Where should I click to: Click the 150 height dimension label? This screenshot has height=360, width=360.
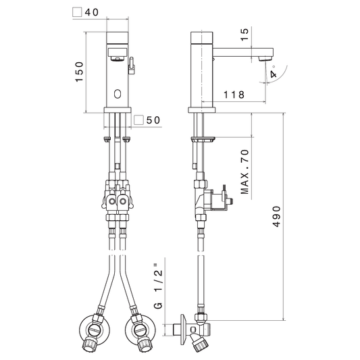click(80, 72)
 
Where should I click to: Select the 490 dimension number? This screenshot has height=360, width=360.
click(277, 216)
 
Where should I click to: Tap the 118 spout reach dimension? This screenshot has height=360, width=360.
click(234, 95)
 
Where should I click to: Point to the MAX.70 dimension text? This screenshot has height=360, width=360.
click(245, 172)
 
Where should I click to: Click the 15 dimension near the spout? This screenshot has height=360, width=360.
click(245, 34)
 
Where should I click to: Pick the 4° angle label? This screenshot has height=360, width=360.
click(274, 72)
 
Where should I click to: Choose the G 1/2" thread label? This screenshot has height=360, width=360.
click(158, 286)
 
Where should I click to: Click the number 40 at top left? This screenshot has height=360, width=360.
click(92, 12)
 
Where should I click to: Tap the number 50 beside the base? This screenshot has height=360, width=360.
click(153, 120)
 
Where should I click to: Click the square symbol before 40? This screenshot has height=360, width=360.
click(77, 12)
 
